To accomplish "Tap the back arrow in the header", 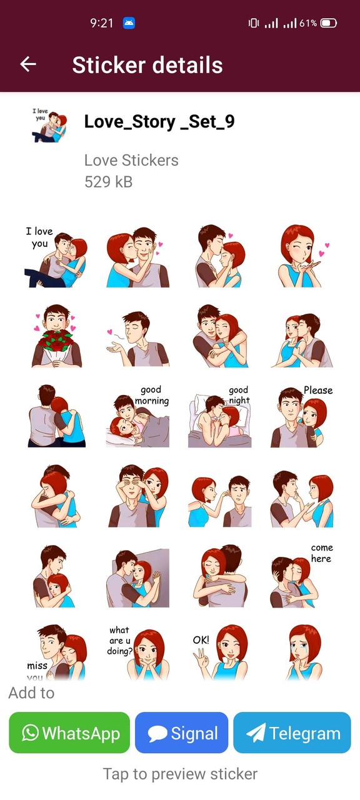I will [28, 64].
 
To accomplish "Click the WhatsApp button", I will [69, 732].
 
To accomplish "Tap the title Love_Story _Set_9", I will [159, 121].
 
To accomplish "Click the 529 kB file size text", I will [108, 182].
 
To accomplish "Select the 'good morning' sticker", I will [137, 417].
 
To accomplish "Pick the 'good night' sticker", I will [219, 417].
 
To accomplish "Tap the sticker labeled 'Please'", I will [302, 417].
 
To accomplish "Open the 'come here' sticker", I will [302, 576].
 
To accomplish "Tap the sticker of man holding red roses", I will [56, 336].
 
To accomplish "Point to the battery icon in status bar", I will [329, 23].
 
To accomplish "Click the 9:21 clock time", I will [101, 23].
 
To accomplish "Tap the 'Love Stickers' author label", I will [131, 160].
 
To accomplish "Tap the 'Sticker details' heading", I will [147, 65].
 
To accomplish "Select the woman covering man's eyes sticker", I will [137, 496].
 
